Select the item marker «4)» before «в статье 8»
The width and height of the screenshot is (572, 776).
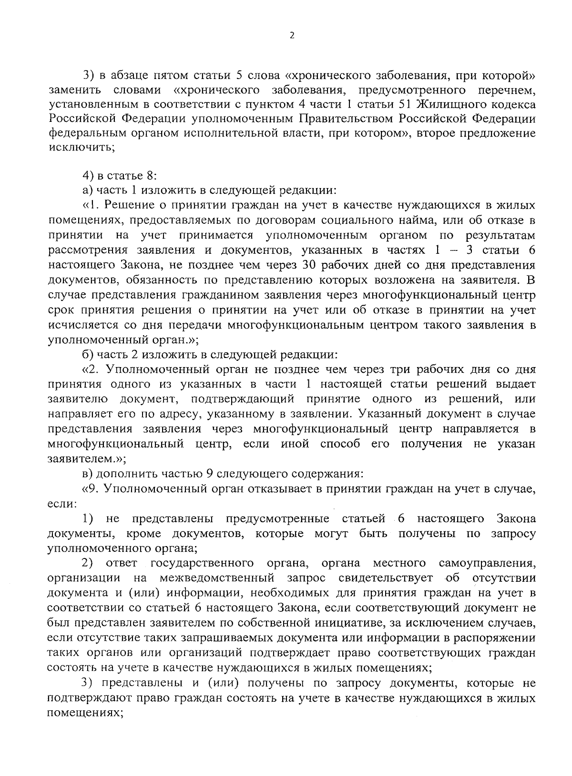point(89,176)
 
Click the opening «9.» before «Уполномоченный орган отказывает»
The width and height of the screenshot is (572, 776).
point(92,489)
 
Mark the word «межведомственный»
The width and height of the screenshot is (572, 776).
point(217,578)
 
